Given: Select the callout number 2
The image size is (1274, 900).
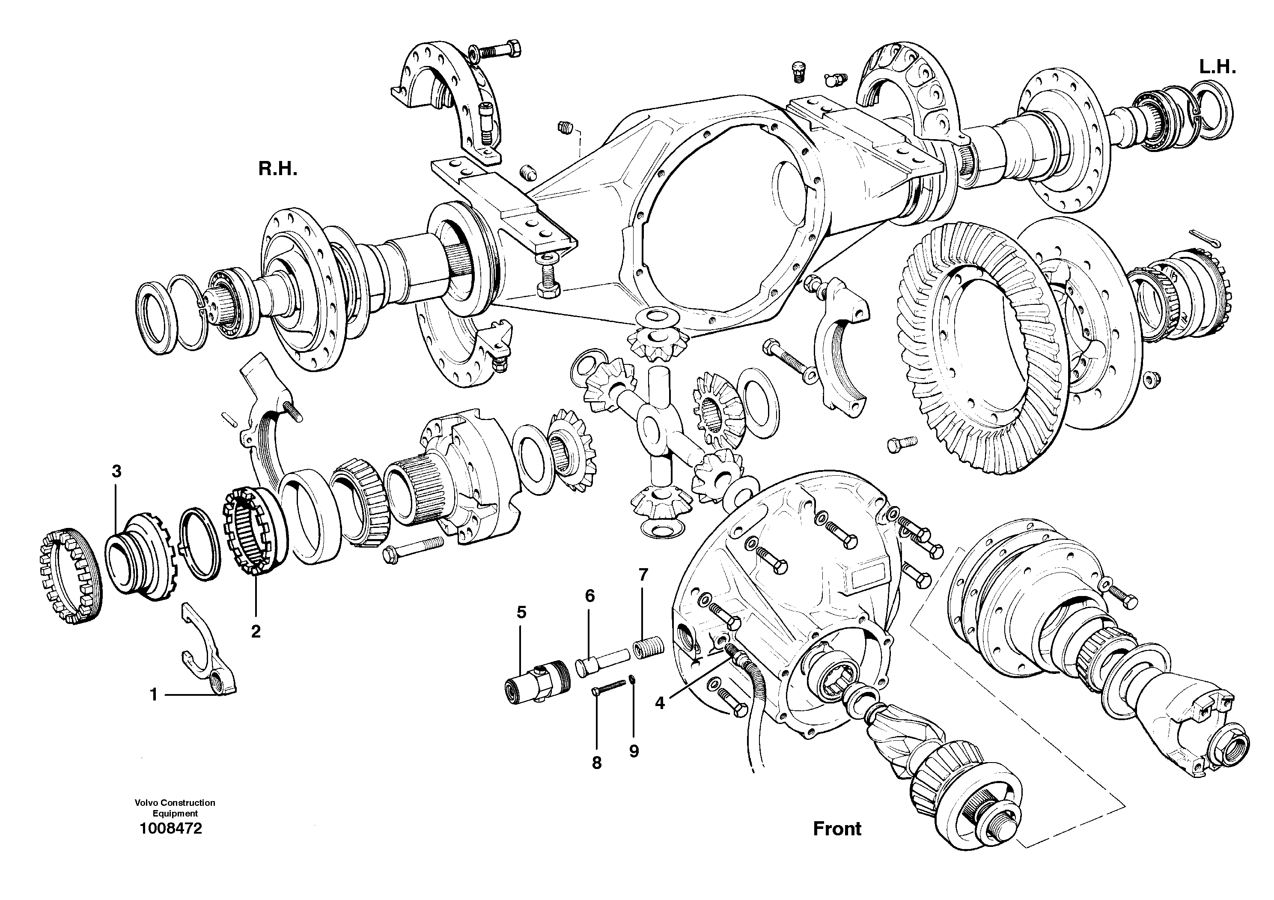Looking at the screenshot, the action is click(x=256, y=632).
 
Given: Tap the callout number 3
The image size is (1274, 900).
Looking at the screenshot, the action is click(x=116, y=472).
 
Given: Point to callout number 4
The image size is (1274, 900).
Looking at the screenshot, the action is click(x=659, y=703).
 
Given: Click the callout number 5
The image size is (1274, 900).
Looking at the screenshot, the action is click(x=521, y=613).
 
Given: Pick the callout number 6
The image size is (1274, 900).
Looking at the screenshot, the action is click(x=590, y=596).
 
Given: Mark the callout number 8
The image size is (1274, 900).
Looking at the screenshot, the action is click(x=596, y=763).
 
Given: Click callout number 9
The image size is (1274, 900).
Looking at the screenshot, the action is click(x=634, y=751).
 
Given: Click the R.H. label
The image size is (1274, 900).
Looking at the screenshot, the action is click(x=277, y=169).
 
